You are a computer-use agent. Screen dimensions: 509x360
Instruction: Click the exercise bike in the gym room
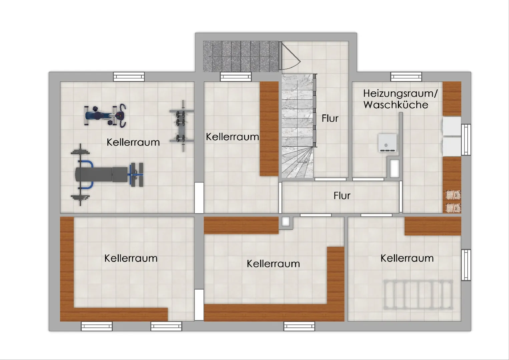click(105, 116)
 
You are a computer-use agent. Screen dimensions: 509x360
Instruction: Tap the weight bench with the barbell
click(107, 174)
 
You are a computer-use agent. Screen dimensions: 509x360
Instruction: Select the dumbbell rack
click(181, 126)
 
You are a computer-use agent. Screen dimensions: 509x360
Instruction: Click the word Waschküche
click(396, 105)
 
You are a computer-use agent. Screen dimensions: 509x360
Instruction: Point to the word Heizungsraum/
click(400, 94)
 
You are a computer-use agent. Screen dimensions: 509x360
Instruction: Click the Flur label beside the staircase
click(330, 118)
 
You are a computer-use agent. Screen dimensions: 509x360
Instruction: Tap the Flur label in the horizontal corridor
click(342, 196)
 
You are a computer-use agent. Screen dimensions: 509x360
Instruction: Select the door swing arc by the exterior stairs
click(291, 56)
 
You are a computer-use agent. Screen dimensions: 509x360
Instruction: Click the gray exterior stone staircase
click(240, 56)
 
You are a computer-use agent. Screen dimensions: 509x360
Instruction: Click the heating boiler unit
click(388, 143)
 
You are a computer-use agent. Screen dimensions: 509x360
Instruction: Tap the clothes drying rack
click(418, 295)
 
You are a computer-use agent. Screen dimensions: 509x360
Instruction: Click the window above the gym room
click(129, 77)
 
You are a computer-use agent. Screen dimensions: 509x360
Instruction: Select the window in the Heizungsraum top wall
click(406, 77)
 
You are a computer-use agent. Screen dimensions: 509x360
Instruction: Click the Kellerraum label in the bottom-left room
click(131, 259)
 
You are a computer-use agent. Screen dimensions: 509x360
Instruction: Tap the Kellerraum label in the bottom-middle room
click(274, 264)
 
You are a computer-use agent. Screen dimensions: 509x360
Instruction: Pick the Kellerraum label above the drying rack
click(407, 259)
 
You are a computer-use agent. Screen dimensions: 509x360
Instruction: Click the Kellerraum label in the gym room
click(133, 142)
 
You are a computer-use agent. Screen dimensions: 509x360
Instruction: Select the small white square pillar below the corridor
click(286, 222)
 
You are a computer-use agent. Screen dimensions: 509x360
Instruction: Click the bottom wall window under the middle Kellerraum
click(299, 326)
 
